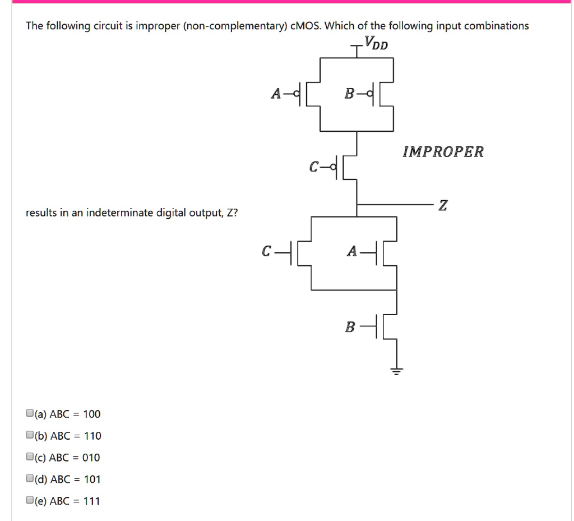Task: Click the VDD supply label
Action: [x=376, y=43]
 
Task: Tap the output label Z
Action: [x=443, y=206]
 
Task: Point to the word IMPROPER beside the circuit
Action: [x=443, y=152]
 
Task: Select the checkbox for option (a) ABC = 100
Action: [x=29, y=414]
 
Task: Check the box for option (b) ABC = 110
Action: [x=29, y=436]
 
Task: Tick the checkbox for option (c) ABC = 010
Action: [x=29, y=457]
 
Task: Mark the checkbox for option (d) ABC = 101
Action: [x=29, y=479]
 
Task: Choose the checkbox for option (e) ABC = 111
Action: [x=29, y=501]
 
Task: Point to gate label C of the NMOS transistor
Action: [x=267, y=252]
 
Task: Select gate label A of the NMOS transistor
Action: [x=352, y=252]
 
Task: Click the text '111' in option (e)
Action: [x=91, y=501]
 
